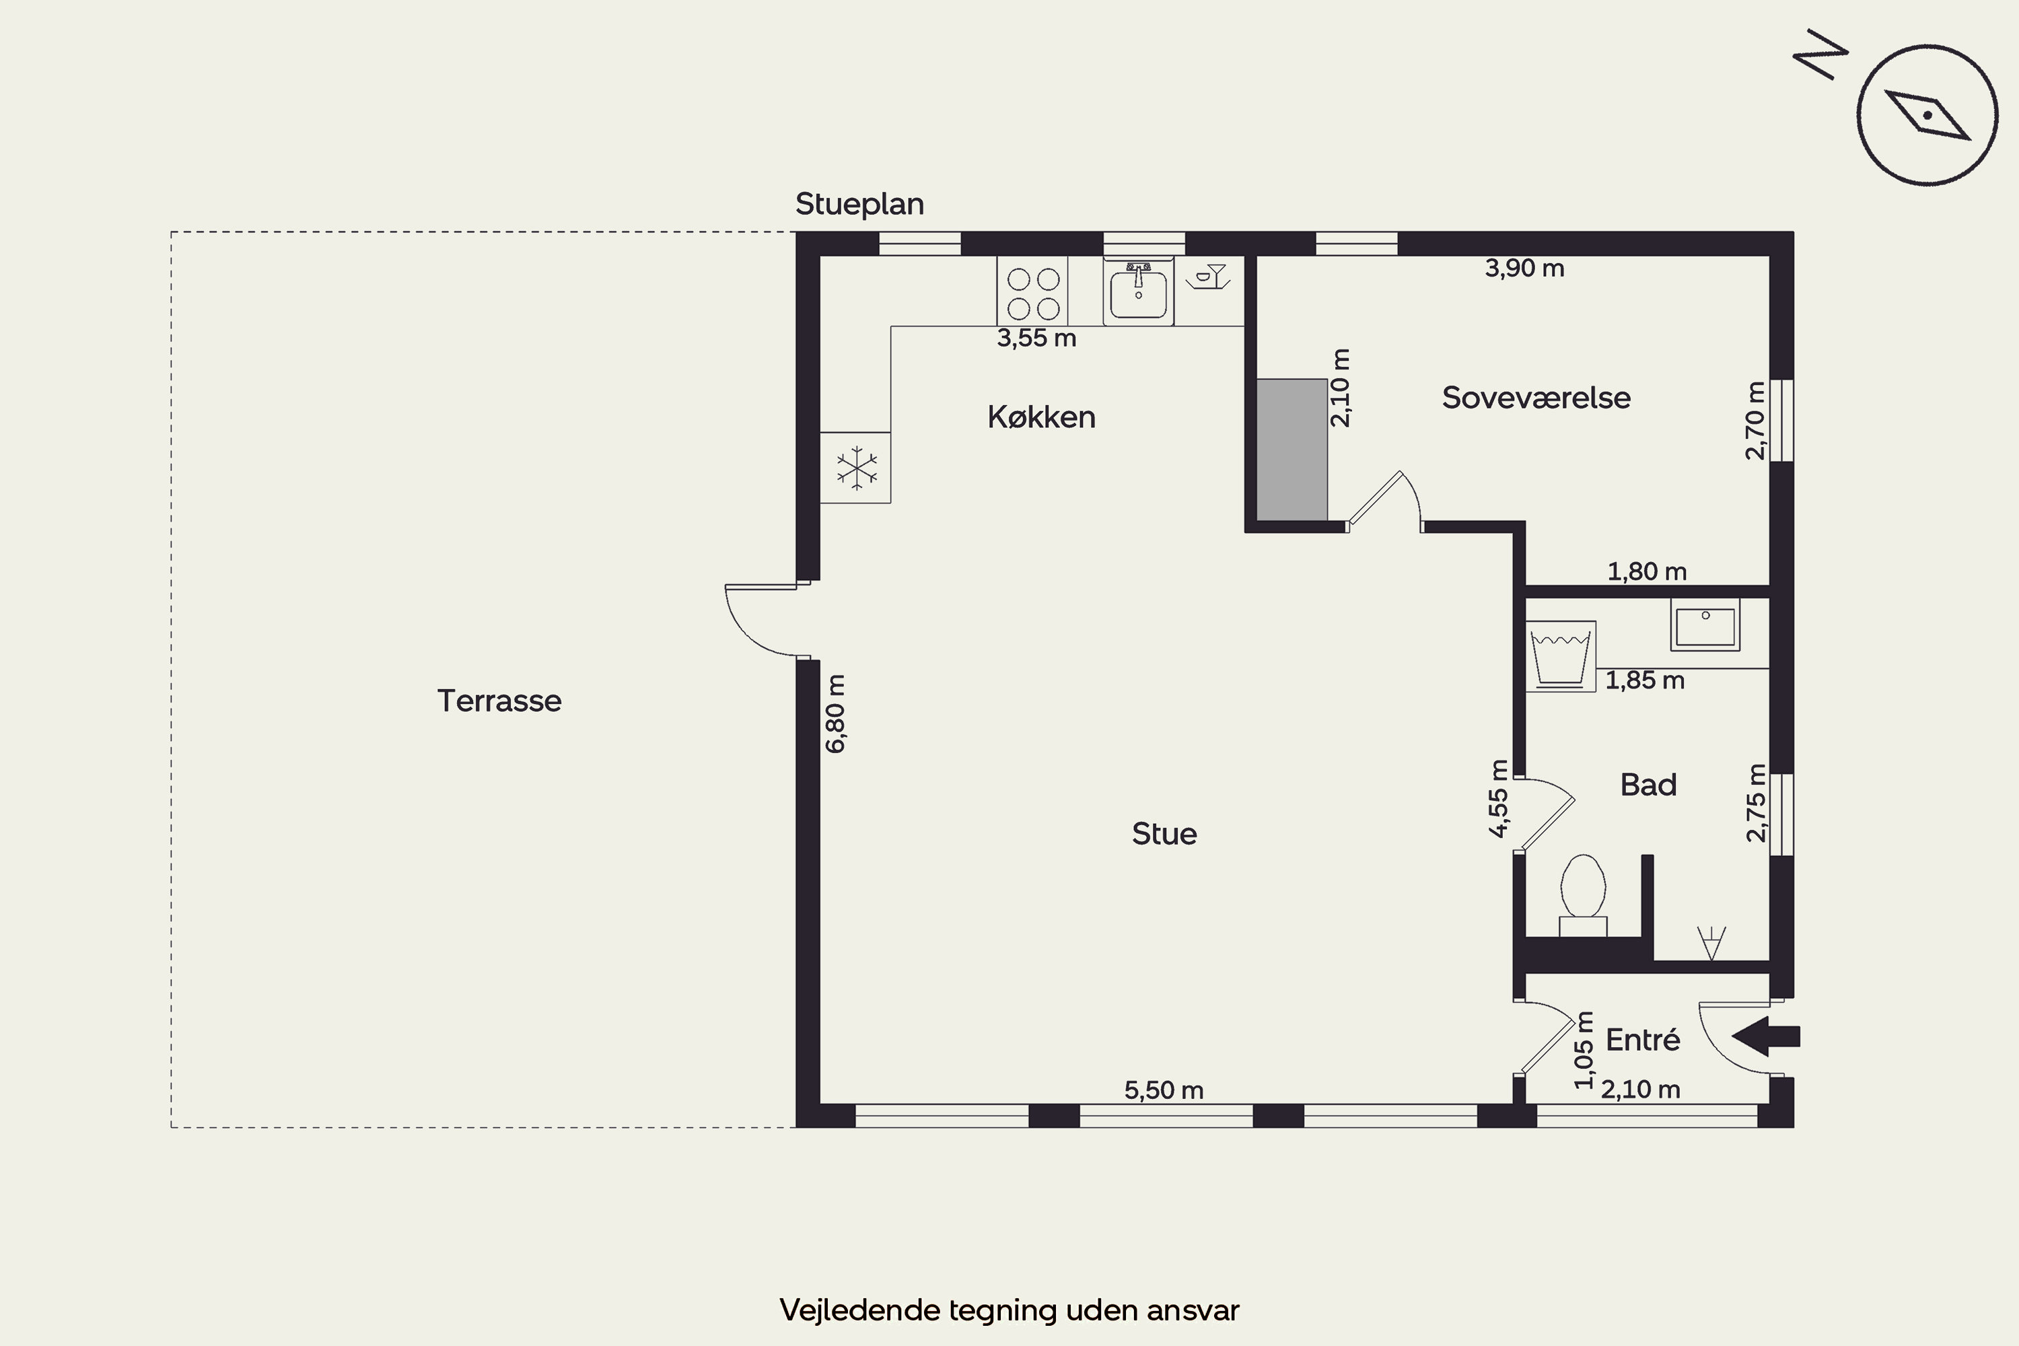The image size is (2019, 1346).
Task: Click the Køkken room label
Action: tap(1041, 417)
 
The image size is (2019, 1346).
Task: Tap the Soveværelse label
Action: tap(1536, 398)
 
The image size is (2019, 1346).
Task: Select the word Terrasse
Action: tap(499, 701)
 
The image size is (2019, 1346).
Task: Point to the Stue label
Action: tap(1164, 834)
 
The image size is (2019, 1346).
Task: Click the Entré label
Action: tap(1642, 1040)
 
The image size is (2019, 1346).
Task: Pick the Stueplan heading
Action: tap(859, 205)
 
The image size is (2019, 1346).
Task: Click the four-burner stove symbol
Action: tap(1032, 291)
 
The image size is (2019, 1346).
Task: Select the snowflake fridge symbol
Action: tap(857, 468)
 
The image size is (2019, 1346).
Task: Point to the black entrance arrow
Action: tap(1766, 1036)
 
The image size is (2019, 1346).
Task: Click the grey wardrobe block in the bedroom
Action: tap(1292, 450)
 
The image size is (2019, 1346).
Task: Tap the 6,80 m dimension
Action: tap(835, 714)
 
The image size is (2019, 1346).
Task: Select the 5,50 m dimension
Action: tap(1164, 1090)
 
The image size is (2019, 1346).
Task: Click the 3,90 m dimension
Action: tap(1524, 268)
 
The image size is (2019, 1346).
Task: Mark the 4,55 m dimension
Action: tap(1498, 798)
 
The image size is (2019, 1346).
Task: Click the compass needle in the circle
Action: tap(1927, 115)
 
